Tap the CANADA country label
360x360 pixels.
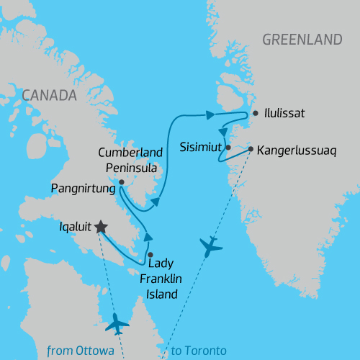pos(49,95)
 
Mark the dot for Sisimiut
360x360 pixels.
pos(228,148)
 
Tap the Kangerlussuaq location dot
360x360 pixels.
pos(251,150)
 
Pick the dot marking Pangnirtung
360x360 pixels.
pos(121,182)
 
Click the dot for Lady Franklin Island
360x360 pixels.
pos(150,254)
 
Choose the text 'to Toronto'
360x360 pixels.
pos(199,351)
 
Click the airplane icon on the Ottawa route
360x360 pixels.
pos(117,324)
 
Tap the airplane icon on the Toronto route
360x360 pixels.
pos(210,247)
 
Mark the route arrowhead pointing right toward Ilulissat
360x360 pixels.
pos(210,114)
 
